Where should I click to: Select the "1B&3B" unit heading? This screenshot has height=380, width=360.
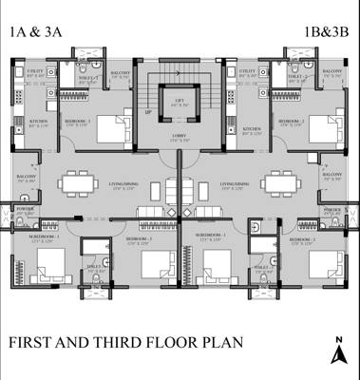(x=326, y=33)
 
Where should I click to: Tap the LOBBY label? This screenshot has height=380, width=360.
(x=180, y=137)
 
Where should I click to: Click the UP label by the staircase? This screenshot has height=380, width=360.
(x=149, y=111)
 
